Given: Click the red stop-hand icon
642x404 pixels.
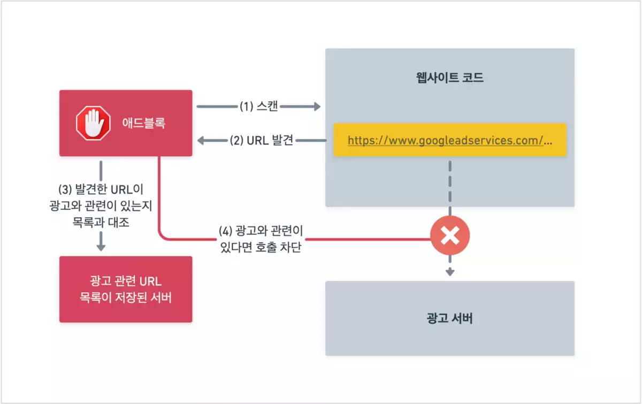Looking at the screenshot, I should [x=93, y=123].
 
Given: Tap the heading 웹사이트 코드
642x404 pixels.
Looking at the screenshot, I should [x=449, y=78].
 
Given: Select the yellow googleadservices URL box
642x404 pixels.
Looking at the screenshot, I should [x=449, y=140].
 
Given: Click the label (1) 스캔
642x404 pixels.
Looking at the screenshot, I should [x=258, y=106].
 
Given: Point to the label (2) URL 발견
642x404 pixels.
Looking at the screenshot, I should [x=262, y=141].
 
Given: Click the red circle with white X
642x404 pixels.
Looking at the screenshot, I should [x=450, y=235].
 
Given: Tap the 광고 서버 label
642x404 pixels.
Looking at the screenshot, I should [x=449, y=319].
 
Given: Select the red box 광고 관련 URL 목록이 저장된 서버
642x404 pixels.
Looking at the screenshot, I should [x=126, y=289].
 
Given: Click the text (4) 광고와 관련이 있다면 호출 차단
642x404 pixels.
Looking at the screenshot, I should [x=261, y=239].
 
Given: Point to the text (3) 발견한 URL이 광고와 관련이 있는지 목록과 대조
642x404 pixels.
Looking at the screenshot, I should [x=100, y=206].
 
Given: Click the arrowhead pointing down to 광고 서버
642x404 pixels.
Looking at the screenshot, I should [x=450, y=272].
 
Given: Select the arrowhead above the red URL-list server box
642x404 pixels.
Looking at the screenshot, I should [x=101, y=247].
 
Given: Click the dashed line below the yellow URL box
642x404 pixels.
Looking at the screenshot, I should [x=450, y=182].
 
